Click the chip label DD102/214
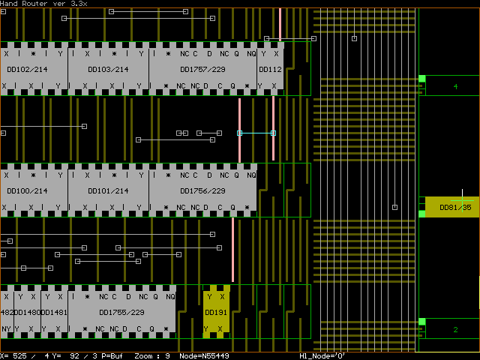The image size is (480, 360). click(x=27, y=70)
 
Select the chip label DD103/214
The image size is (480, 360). click(x=108, y=70)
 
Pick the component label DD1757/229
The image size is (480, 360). click(x=202, y=70)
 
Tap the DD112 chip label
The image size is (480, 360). click(x=270, y=70)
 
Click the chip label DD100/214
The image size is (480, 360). click(x=27, y=191)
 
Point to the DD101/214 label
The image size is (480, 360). click(x=108, y=191)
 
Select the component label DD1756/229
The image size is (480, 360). click(x=202, y=191)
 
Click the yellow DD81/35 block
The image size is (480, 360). click(x=454, y=207)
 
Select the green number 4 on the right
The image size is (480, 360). click(x=455, y=88)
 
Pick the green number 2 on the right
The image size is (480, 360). click(x=455, y=330)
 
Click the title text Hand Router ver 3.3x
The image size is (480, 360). click(x=43, y=4)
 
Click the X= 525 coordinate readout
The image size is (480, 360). click(x=15, y=355)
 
